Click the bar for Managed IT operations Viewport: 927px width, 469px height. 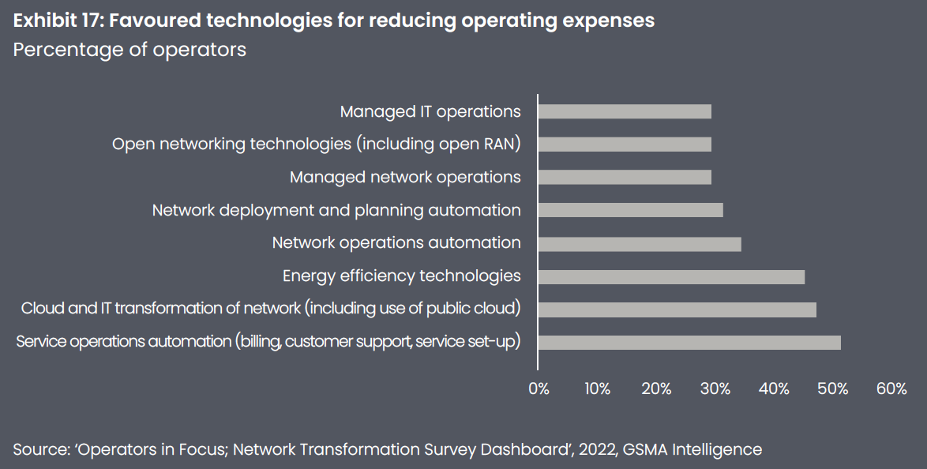tap(625, 111)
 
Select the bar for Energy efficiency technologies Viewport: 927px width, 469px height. tap(671, 276)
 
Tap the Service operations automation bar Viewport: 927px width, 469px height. tap(689, 342)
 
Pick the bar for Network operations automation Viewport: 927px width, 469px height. tap(640, 243)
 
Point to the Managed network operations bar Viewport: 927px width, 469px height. tap(625, 177)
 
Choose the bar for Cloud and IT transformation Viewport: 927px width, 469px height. tap(677, 309)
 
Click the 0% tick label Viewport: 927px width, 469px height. tap(539, 388)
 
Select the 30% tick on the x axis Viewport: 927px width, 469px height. tap(715, 388)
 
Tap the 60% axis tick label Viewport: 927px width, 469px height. tap(891, 388)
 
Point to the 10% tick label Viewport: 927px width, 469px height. tap(597, 388)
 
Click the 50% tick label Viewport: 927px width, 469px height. tap(832, 388)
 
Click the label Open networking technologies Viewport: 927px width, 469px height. tap(316, 144)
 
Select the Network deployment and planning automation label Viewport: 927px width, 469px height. tap(336, 210)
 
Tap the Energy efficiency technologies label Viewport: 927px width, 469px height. tap(402, 276)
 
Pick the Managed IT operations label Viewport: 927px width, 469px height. tap(430, 111)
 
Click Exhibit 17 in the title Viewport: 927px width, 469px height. tap(55, 21)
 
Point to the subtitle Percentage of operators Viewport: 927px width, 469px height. tap(129, 50)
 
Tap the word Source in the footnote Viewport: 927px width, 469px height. tap(39, 450)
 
